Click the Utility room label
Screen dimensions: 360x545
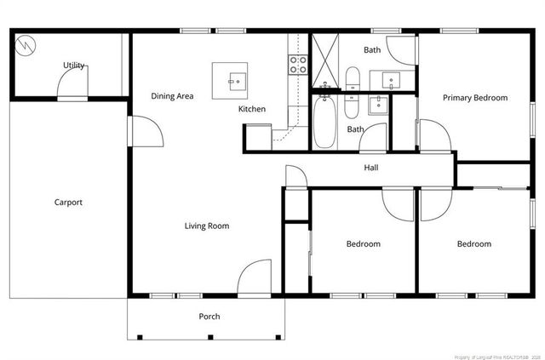coord(74,66)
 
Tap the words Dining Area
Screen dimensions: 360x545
coord(172,96)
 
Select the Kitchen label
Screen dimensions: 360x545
coord(252,109)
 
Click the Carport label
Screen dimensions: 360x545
coord(68,202)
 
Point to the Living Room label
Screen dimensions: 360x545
coord(207,226)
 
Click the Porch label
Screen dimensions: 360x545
coord(209,317)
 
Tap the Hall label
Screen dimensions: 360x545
coord(370,168)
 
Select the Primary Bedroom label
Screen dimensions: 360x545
coord(474,98)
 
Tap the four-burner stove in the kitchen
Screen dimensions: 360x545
coord(298,61)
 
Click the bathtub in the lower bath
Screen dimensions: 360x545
coord(324,123)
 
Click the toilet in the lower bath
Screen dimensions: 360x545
coord(351,108)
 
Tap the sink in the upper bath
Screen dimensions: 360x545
coord(393,80)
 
